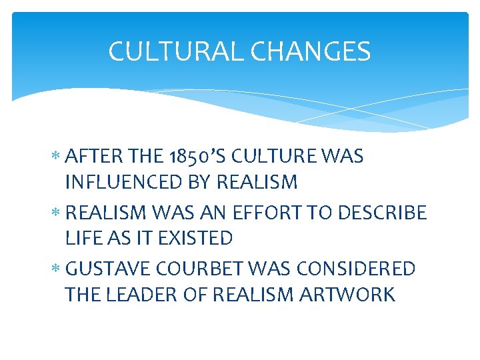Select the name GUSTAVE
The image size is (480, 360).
point(110,269)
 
